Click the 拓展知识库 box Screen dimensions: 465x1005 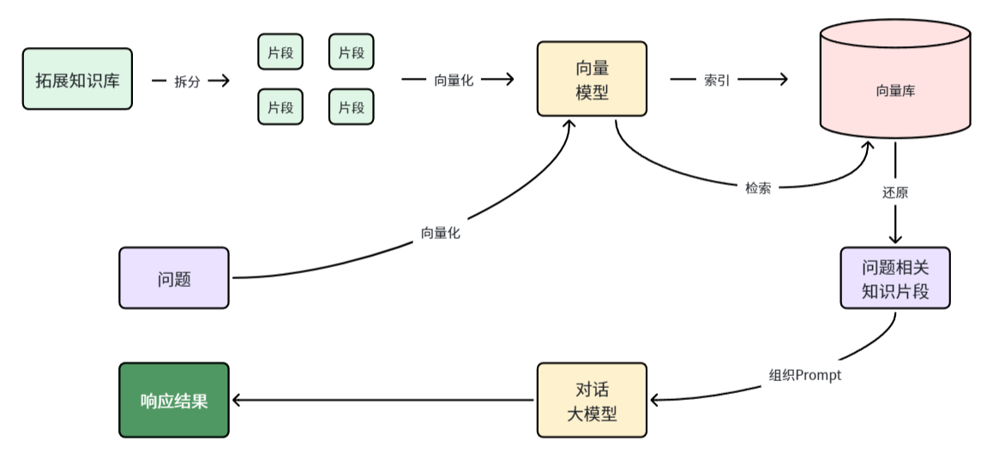tap(77, 79)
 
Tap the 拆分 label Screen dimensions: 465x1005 tap(187, 81)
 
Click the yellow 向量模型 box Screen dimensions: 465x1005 tap(592, 79)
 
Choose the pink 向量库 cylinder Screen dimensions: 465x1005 tap(895, 89)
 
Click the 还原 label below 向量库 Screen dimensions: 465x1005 tap(895, 193)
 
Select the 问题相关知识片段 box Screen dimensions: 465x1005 tap(895, 278)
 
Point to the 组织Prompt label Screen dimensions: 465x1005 tap(805, 375)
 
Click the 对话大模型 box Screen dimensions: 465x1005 tap(592, 401)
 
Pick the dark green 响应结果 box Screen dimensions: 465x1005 tap(174, 401)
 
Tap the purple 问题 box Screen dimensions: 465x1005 tap(174, 278)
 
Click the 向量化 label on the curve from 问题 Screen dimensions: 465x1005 tap(440, 232)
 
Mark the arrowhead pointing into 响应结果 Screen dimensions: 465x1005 tap(238, 401)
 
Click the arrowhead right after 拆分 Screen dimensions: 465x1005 tap(226, 80)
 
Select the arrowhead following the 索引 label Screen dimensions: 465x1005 tap(781, 80)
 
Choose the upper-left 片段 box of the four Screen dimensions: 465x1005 tap(280, 52)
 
